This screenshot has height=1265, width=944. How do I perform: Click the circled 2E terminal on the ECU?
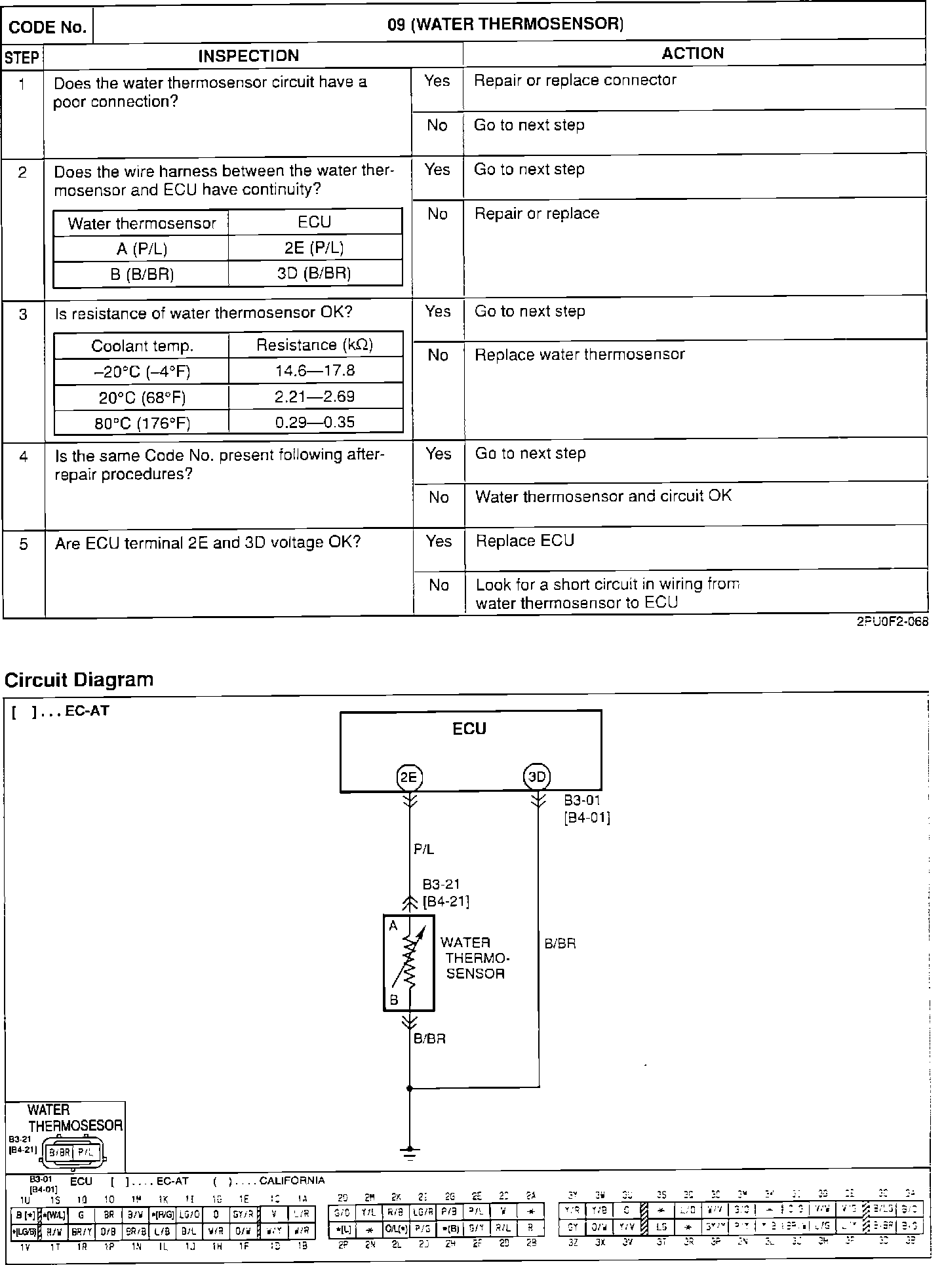(x=408, y=778)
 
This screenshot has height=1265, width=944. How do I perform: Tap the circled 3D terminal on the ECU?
(x=537, y=778)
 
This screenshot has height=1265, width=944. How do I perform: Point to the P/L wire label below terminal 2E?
(x=424, y=849)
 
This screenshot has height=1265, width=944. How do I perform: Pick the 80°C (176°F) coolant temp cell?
(x=142, y=423)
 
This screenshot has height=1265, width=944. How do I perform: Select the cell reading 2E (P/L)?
(x=315, y=248)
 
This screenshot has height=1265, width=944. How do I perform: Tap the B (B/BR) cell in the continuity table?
(x=142, y=274)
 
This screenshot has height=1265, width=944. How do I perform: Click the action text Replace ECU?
(x=524, y=541)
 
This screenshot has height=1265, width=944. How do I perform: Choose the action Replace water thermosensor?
(x=580, y=355)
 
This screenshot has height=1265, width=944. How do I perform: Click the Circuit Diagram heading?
(x=79, y=680)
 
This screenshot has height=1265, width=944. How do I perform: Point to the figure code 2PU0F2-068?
(x=892, y=623)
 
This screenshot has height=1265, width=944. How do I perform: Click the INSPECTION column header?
(x=248, y=56)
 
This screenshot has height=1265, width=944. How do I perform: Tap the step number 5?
(x=23, y=544)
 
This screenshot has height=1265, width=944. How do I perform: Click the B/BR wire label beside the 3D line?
(x=560, y=944)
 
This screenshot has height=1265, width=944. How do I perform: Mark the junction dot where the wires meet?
(x=409, y=1088)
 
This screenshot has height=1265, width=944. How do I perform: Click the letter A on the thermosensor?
(x=393, y=926)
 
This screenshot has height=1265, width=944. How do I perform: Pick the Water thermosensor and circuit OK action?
(x=603, y=496)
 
